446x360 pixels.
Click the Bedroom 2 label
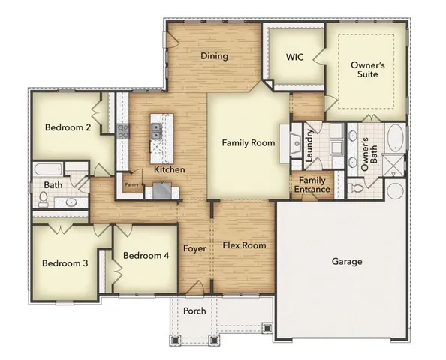click(67, 127)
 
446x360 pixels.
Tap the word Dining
click(215, 56)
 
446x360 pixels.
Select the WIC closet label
click(294, 56)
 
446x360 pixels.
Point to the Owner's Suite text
click(368, 70)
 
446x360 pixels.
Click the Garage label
click(347, 262)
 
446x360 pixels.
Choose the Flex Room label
click(244, 245)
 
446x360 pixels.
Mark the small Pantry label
click(132, 182)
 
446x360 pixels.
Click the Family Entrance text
click(312, 184)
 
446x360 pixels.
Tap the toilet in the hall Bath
click(44, 199)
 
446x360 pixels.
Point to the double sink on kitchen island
click(156, 132)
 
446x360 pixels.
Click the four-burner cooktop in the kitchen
click(122, 133)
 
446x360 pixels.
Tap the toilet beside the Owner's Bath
click(356, 187)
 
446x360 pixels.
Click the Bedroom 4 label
click(146, 256)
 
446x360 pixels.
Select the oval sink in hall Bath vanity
click(71, 202)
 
